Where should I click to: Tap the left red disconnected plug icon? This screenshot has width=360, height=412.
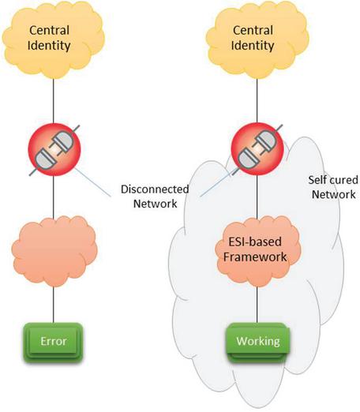click(54, 149)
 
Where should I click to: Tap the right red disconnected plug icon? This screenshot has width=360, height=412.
click(257, 149)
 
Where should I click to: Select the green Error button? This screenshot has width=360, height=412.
click(53, 343)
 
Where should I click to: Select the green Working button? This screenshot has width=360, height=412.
click(258, 343)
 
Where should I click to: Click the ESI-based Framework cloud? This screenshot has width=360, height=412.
click(258, 251)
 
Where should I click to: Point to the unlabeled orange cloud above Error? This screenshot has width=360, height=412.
click(54, 251)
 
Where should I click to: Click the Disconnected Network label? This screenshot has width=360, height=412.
click(155, 197)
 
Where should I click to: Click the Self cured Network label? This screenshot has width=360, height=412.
click(333, 187)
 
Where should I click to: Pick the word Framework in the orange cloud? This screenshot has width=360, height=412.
click(255, 257)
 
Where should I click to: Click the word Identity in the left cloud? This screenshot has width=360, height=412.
click(49, 46)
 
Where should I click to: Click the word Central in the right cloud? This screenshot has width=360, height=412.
click(253, 30)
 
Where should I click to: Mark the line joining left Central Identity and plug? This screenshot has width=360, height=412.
click(54, 101)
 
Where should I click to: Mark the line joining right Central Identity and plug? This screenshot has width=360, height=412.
click(257, 101)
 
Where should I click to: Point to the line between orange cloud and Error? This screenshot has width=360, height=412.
click(54, 305)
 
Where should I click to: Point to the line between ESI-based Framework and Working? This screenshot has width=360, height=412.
click(257, 305)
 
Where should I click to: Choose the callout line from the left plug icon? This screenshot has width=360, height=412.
click(92, 182)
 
